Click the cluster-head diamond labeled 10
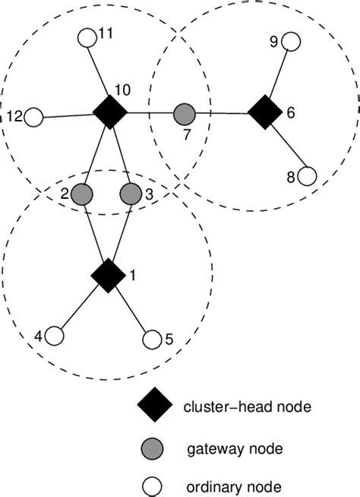point(109,113)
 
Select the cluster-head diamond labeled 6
point(263,113)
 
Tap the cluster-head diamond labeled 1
point(107,275)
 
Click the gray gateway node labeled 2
point(84,193)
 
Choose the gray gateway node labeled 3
point(131,193)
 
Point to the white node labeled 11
point(87,36)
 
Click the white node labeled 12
point(33,118)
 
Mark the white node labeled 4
point(54,335)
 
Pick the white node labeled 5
point(152,338)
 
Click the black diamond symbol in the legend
point(153,407)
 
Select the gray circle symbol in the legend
point(153,448)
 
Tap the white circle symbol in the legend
point(153,485)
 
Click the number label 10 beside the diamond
point(122,90)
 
